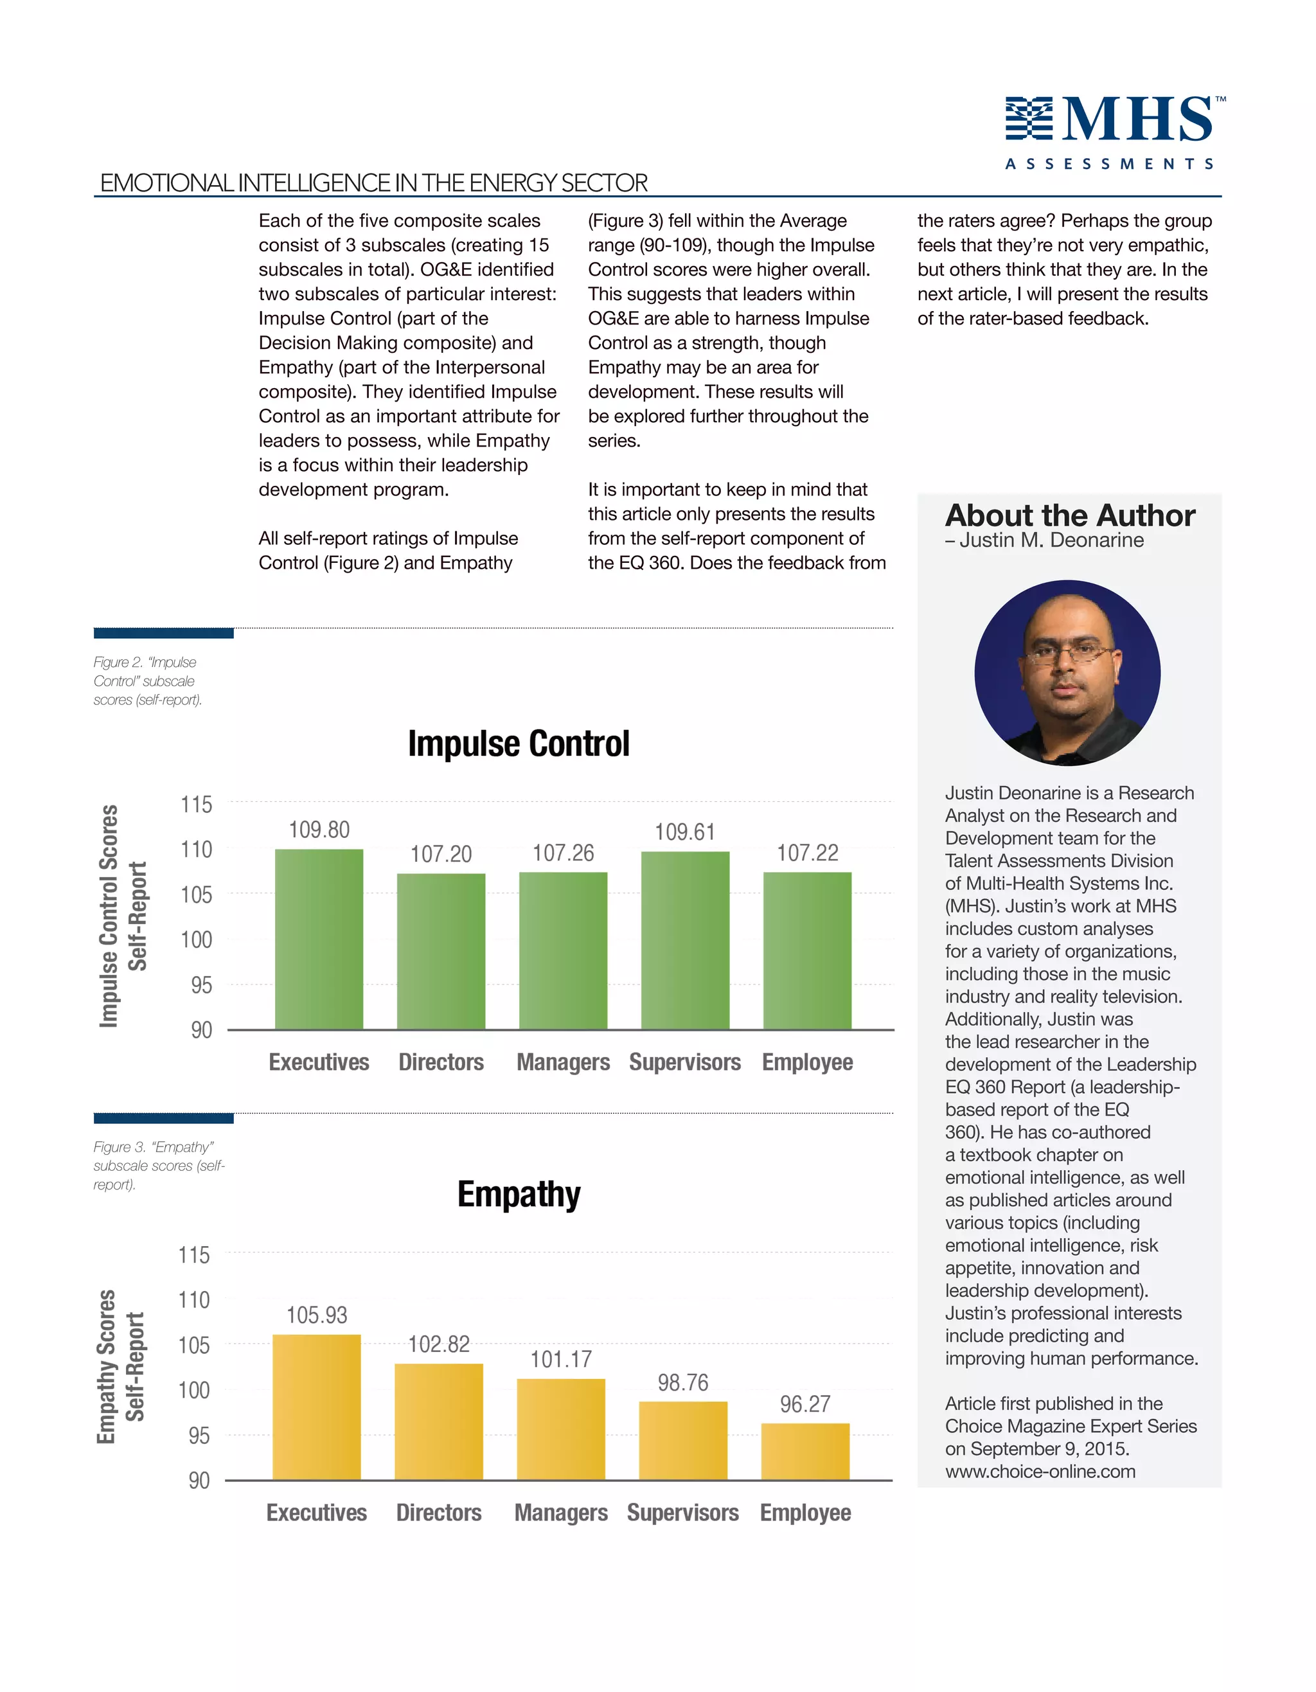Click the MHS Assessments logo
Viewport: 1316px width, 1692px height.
pos(1114,132)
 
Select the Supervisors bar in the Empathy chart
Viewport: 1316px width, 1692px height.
pos(682,1440)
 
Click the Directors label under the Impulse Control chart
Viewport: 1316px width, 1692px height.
pos(441,1062)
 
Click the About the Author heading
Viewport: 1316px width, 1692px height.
pos(1070,515)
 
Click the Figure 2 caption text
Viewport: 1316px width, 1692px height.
pos(147,681)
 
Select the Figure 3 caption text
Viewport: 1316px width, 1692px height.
pos(158,1165)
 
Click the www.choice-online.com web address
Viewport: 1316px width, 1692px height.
pos(1040,1471)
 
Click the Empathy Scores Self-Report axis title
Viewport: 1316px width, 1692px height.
pos(121,1367)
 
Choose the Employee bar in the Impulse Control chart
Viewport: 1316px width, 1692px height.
pos(807,950)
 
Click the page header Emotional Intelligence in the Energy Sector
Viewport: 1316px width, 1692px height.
pos(373,183)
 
